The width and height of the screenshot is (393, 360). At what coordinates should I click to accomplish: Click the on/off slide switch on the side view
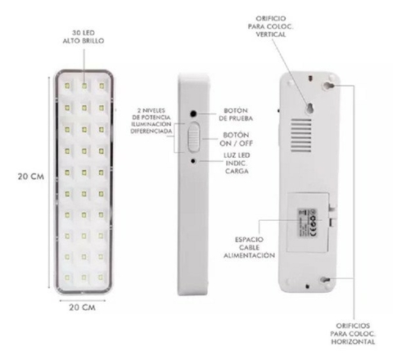point(192,137)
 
